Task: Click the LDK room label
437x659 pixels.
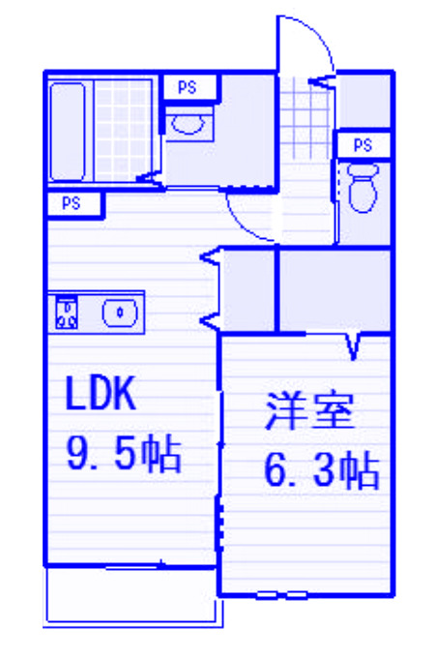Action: pos(101,394)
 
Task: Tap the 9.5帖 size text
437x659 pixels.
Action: pos(125,454)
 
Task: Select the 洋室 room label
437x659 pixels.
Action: pos(308,411)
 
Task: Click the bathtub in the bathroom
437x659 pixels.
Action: pos(67,132)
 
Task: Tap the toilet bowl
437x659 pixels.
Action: pos(364,188)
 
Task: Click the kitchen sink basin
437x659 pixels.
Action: pos(120,313)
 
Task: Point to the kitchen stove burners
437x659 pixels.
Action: pos(67,313)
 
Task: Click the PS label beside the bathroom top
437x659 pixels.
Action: pos(188,87)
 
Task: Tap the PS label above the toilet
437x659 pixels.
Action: pos(363,145)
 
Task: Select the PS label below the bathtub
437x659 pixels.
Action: pos(71,204)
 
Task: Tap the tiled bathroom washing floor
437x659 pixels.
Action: pos(123,132)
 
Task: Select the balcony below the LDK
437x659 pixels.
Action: pos(132,596)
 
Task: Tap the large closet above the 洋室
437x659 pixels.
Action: pos(335,290)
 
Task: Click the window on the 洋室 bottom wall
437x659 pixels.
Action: pos(280,595)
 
